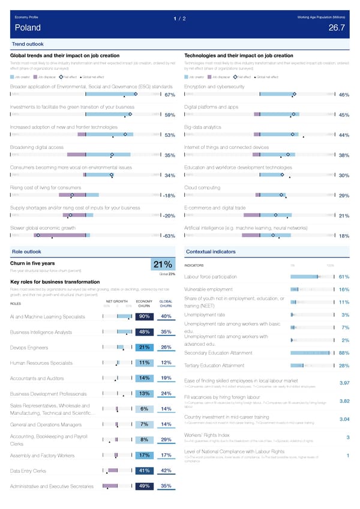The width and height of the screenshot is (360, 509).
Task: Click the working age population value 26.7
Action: coord(337,28)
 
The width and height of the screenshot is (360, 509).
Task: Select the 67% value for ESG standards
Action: coord(169,95)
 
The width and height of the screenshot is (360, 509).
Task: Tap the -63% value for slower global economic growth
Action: coord(168,236)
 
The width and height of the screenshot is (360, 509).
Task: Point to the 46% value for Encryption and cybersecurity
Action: coord(344,95)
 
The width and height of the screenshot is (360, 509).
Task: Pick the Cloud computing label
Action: coord(203,188)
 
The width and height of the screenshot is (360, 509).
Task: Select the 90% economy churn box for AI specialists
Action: coord(144,317)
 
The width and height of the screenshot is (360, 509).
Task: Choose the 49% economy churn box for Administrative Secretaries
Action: coord(144,503)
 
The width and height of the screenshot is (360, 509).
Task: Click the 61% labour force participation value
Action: coord(344,277)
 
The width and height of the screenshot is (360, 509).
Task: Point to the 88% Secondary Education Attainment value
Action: coord(344,353)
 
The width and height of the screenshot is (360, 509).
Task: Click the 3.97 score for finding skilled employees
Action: coord(344,384)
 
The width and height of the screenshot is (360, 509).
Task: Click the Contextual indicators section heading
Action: coord(210,251)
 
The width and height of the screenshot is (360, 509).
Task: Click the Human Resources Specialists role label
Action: coord(42,363)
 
